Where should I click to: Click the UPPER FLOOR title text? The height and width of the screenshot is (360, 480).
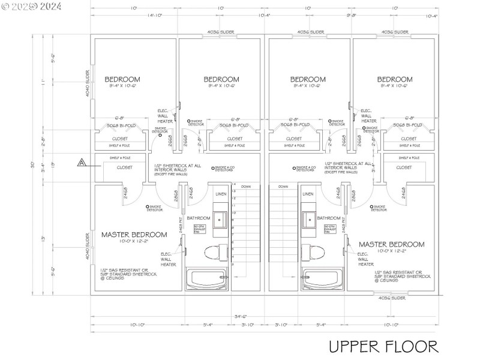383,346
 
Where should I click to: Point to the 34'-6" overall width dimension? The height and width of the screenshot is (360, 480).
241,316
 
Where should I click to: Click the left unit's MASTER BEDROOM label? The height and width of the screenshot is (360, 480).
134,235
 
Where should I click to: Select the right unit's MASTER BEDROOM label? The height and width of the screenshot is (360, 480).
391,244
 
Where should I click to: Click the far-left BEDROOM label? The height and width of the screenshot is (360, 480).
122,79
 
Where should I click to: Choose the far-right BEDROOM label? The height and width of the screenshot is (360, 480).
395,79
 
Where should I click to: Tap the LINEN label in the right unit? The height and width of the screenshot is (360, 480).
308,194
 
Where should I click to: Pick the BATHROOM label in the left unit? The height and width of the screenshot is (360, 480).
198,218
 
